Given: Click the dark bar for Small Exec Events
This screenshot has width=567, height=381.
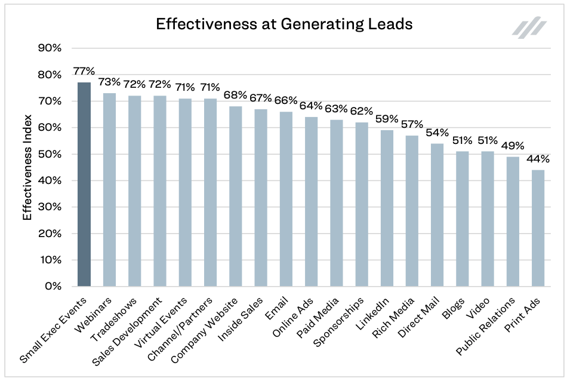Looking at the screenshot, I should coord(84,185).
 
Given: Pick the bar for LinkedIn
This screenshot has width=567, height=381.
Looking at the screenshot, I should coord(387,208).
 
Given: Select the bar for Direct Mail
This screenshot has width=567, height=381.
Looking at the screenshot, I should coord(437,215).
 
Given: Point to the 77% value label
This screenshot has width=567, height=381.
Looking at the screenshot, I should coord(84,71).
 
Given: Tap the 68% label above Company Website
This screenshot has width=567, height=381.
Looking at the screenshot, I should coord(236,95).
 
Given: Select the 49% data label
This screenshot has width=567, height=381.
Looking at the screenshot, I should coord(513,146).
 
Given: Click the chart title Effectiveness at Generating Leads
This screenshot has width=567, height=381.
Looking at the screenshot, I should coord(283,24).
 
